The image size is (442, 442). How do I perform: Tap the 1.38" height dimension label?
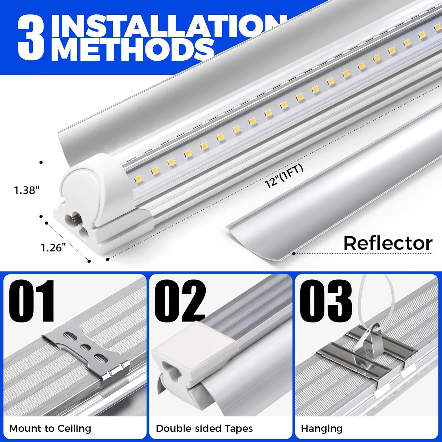pyautogui.click(x=27, y=190)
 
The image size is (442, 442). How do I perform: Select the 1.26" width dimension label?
pyautogui.click(x=53, y=248)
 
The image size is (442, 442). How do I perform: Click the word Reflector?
pyautogui.click(x=388, y=243)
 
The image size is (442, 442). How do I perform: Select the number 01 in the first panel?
pyautogui.click(x=32, y=301)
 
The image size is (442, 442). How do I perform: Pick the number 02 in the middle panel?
pyautogui.click(x=180, y=301)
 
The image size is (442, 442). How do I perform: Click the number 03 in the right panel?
pyautogui.click(x=326, y=301)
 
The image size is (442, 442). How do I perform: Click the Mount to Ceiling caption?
pyautogui.click(x=50, y=428)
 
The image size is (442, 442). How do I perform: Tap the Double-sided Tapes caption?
pyautogui.click(x=204, y=428)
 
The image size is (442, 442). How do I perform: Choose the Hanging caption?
pyautogui.click(x=321, y=428)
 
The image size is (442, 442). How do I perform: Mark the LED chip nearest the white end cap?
pyautogui.click(x=138, y=179)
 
